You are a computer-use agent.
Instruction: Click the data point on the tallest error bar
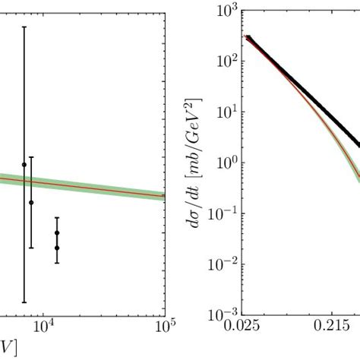(24, 164)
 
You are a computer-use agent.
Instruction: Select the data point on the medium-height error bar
(31, 202)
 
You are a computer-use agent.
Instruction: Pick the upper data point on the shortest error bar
(57, 233)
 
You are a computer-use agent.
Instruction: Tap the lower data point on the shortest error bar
(57, 248)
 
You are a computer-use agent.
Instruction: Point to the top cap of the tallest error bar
(24, 27)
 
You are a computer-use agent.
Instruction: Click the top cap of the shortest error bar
(57, 217)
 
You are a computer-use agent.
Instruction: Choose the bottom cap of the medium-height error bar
(31, 248)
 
